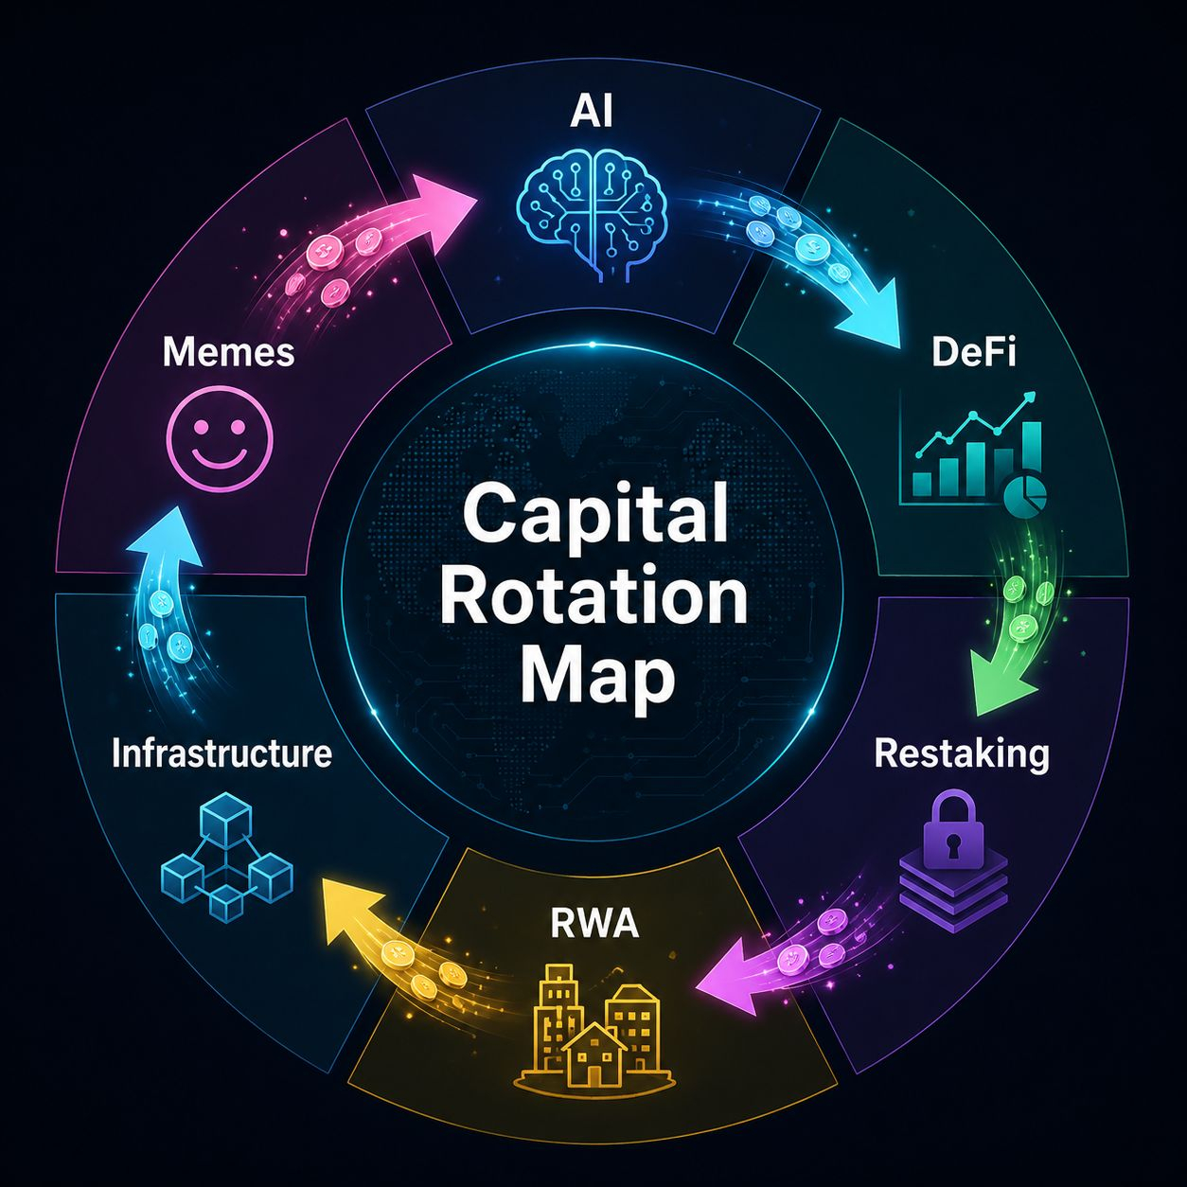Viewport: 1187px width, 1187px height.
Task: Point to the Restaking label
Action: pyautogui.click(x=962, y=754)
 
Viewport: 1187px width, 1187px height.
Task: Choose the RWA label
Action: pyautogui.click(x=593, y=923)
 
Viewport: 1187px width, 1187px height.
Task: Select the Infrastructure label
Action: pyautogui.click(x=222, y=753)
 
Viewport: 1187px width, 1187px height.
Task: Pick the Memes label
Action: pyautogui.click(x=228, y=353)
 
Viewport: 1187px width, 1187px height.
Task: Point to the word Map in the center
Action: pyautogui.click(x=594, y=678)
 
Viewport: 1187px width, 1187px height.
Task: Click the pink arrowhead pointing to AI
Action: pyautogui.click(x=445, y=196)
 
